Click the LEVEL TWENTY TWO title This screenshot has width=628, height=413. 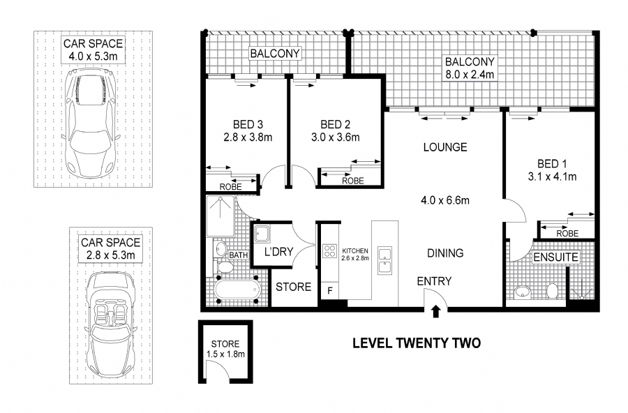(x=417, y=343)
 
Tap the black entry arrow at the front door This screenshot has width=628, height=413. (x=436, y=310)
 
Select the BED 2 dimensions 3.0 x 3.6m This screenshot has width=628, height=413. (x=336, y=137)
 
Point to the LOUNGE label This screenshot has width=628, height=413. (x=444, y=148)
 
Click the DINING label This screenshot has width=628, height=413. (x=444, y=253)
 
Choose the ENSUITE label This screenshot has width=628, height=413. (x=555, y=257)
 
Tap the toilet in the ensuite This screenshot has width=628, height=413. (x=552, y=291)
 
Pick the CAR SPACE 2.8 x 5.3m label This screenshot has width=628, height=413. (x=111, y=248)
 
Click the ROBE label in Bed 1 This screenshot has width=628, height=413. (x=567, y=234)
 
